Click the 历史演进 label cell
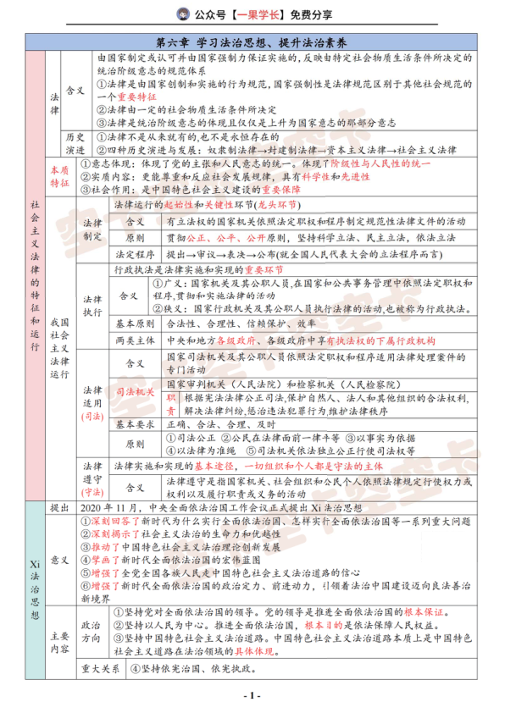pyautogui.click(x=75, y=141)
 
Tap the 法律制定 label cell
pyautogui.click(x=92, y=229)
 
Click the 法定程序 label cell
pyautogui.click(x=134, y=253)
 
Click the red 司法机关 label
pyautogui.click(x=134, y=393)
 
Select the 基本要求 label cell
pyautogui.click(x=134, y=423)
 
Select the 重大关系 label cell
pyautogui.click(x=98, y=669)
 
